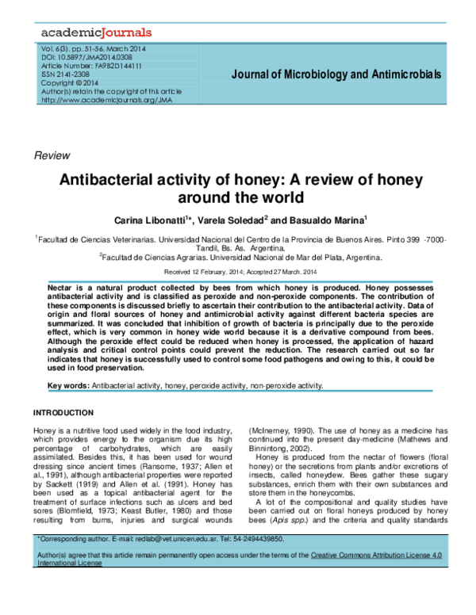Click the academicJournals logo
click(94, 33)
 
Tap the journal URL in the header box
click(106, 100)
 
